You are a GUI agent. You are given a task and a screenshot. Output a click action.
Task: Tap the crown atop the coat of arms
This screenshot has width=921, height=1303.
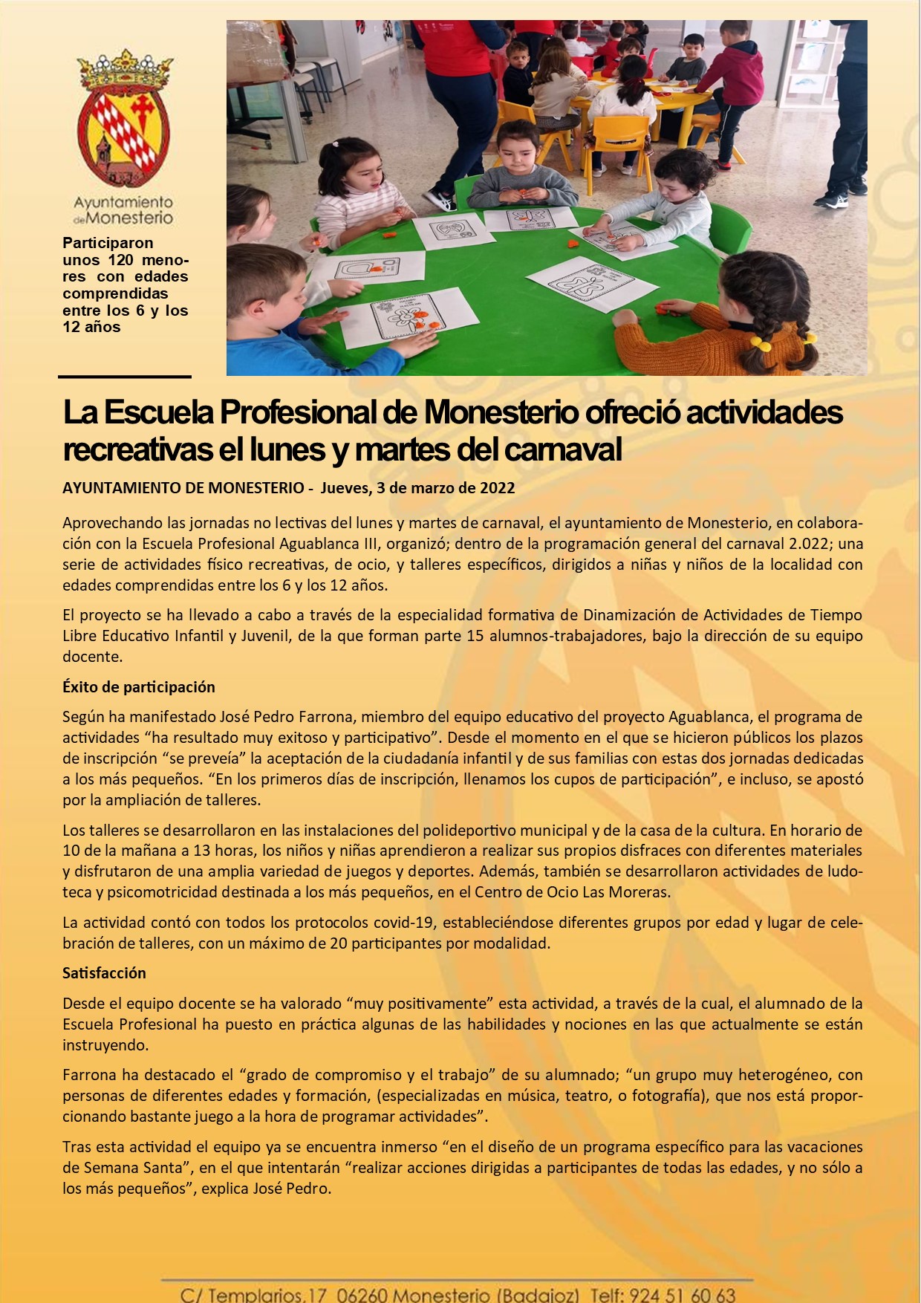tap(124, 70)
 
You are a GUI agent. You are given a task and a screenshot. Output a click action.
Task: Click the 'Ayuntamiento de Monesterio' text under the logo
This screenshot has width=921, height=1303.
tap(123, 210)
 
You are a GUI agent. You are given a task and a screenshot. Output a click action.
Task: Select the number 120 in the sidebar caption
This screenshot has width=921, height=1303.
tap(120, 260)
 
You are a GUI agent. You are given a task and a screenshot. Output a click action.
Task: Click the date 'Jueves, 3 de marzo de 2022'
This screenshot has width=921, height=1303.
tap(417, 488)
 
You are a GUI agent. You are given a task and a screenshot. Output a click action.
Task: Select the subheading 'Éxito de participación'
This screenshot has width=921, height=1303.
tap(139, 687)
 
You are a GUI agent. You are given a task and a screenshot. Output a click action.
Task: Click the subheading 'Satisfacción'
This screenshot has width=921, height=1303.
tap(104, 973)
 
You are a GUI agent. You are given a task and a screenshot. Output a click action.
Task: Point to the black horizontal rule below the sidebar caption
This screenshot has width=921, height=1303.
tap(125, 377)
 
